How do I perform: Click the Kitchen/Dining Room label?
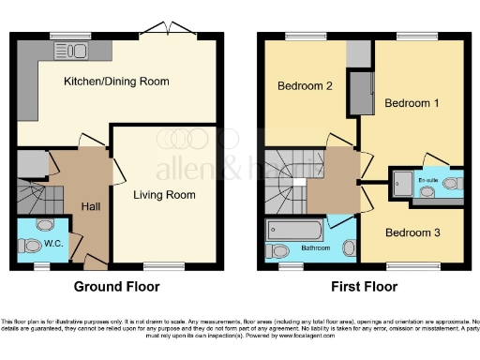(116, 82)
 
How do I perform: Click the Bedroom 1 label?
(412, 102)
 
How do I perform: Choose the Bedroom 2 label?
(306, 86)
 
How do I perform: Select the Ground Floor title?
(116, 287)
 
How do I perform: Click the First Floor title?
(364, 287)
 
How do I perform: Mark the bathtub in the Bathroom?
(295, 230)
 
